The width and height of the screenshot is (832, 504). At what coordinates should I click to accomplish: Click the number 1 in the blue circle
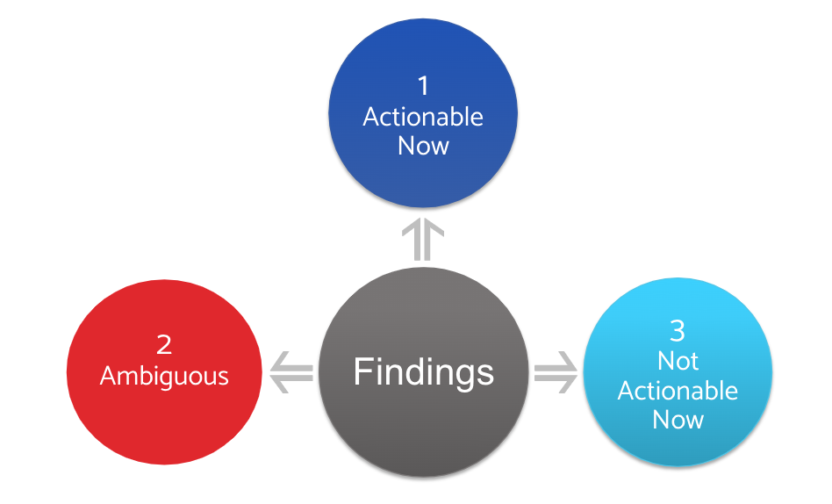click(423, 86)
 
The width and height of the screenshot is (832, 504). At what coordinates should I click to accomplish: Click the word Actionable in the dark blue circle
click(423, 117)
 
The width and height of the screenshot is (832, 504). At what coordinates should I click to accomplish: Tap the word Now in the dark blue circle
click(423, 145)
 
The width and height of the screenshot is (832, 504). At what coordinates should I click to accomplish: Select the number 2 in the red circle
click(164, 345)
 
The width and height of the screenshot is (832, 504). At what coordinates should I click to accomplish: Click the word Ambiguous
click(164, 376)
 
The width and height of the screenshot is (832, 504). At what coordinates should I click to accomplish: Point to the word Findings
click(423, 371)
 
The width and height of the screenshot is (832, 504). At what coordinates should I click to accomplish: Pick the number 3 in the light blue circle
click(678, 331)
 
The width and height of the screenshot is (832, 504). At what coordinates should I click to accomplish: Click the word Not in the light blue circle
click(678, 361)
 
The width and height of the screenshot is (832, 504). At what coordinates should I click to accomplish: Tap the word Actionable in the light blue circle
click(678, 390)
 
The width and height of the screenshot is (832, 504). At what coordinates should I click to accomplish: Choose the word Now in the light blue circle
click(678, 419)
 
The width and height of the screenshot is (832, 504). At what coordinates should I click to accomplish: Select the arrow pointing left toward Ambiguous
click(290, 372)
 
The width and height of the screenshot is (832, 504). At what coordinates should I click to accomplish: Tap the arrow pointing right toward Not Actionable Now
click(556, 372)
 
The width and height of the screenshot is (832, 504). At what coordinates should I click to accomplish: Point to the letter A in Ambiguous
click(109, 376)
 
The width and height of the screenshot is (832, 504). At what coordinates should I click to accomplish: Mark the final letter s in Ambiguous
click(223, 378)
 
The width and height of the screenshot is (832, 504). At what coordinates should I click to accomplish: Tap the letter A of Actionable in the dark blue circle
click(371, 117)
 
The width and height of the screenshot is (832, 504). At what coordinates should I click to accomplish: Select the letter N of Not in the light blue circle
click(665, 361)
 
